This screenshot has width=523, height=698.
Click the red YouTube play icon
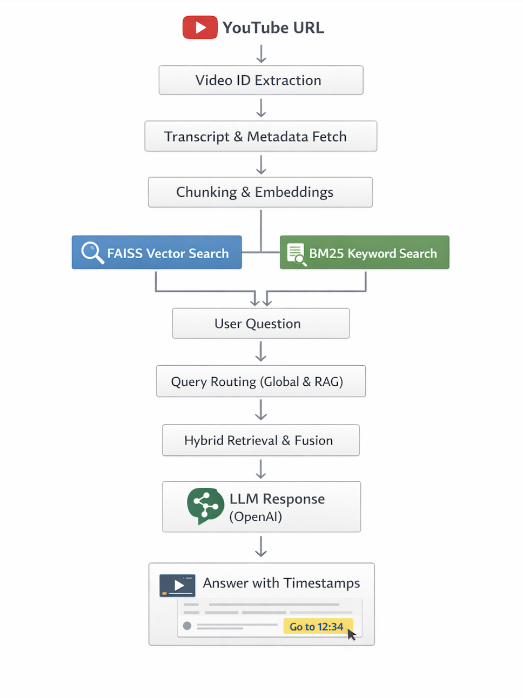click(x=200, y=28)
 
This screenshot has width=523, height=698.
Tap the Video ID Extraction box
click(x=261, y=80)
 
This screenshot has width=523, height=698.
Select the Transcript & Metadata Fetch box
click(x=261, y=136)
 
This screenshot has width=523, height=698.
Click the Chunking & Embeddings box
click(x=260, y=192)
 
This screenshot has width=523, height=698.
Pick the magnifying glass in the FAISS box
click(x=92, y=252)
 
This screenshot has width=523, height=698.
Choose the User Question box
click(x=261, y=323)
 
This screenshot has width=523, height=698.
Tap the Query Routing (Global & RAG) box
click(x=261, y=381)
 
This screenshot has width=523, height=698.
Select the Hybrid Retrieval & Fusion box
click(x=261, y=440)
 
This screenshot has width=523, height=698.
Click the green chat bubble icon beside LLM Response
click(x=205, y=505)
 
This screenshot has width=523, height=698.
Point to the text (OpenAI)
click(x=256, y=516)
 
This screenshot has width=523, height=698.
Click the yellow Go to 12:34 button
click(x=318, y=626)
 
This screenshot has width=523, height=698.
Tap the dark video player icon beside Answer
click(x=177, y=585)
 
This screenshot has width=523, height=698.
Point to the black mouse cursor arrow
click(x=351, y=634)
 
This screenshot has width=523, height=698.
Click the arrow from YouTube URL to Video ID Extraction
click(x=261, y=53)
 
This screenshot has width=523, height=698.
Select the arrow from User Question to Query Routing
click(x=261, y=351)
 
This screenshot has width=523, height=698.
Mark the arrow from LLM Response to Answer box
click(x=261, y=546)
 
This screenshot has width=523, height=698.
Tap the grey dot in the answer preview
click(x=187, y=626)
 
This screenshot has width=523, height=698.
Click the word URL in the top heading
click(x=308, y=28)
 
